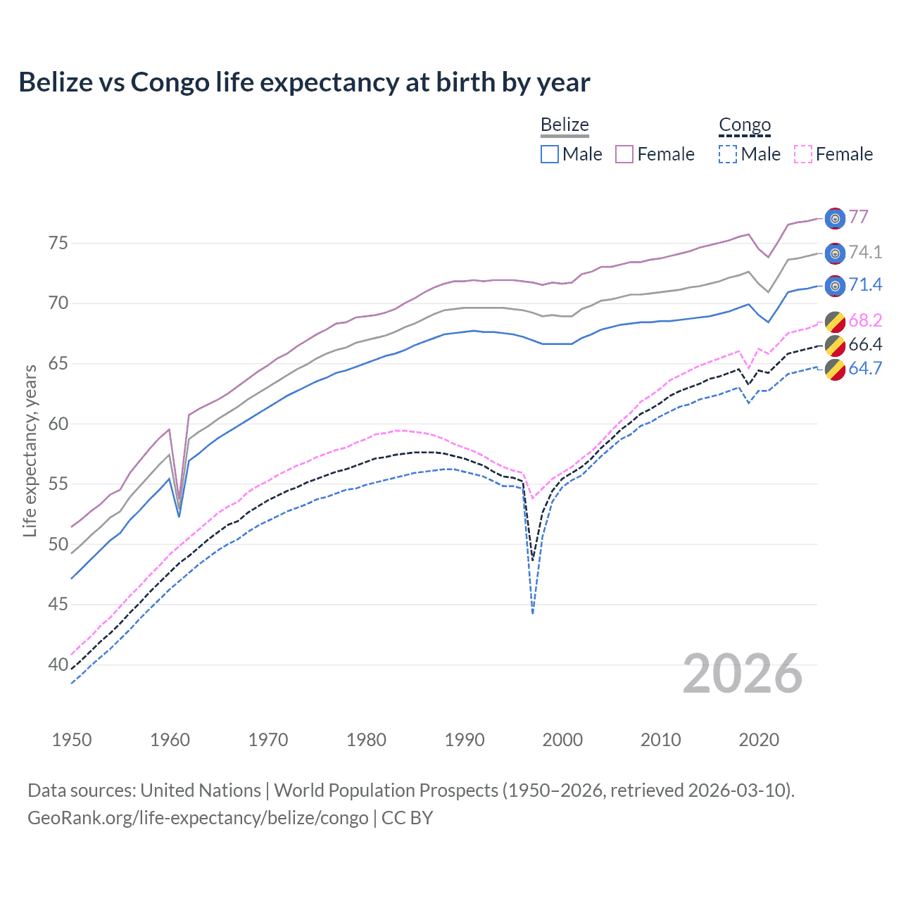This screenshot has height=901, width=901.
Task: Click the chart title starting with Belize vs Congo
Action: pyautogui.click(x=304, y=82)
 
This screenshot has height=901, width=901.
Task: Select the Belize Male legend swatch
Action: pyautogui.click(x=550, y=154)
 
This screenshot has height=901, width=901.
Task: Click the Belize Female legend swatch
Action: pyautogui.click(x=624, y=154)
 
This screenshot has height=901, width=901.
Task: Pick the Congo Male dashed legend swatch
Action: pyautogui.click(x=728, y=154)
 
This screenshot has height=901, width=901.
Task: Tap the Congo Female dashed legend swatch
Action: pyautogui.click(x=803, y=154)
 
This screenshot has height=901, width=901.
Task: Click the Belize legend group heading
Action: pyautogui.click(x=565, y=125)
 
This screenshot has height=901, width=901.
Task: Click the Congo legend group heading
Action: pyautogui.click(x=745, y=125)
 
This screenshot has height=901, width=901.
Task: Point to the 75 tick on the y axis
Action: pyautogui.click(x=58, y=244)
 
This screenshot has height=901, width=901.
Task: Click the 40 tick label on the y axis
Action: pyautogui.click(x=58, y=664)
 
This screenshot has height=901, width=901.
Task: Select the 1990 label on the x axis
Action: pyautogui.click(x=465, y=740)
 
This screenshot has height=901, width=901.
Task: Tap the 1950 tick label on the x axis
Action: pyautogui.click(x=72, y=740)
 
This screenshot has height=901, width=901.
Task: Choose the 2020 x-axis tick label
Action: pyautogui.click(x=759, y=740)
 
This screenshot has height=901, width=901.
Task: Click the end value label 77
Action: pyautogui.click(x=858, y=217)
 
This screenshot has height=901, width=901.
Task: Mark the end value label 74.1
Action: pyautogui.click(x=865, y=252)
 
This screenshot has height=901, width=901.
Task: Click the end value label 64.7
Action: pyautogui.click(x=865, y=368)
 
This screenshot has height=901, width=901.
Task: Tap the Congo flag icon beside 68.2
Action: pyautogui.click(x=835, y=322)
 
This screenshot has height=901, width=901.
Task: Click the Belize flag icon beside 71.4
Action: pyautogui.click(x=835, y=286)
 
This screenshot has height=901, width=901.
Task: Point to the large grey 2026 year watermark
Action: pyautogui.click(x=743, y=674)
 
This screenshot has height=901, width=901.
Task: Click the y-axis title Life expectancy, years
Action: pyautogui.click(x=30, y=450)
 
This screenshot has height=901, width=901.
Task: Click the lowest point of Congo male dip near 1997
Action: pyautogui.click(x=533, y=613)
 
